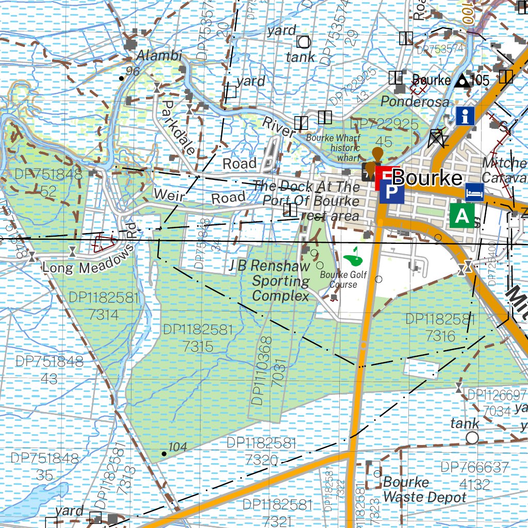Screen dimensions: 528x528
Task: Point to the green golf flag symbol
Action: pos(353,254)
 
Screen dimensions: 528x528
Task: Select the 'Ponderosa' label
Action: pos(415,102)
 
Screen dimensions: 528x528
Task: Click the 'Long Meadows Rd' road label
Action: pos(88,260)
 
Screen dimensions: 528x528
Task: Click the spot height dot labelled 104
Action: pos(164,454)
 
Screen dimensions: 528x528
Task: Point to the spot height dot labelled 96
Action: pos(121,78)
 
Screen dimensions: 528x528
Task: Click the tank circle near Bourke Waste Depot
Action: pos(472,438)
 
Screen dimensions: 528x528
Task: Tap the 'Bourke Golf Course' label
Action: pos(343,279)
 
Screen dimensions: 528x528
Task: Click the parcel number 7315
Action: pos(198,346)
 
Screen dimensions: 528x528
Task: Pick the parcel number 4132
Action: pos(474,485)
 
